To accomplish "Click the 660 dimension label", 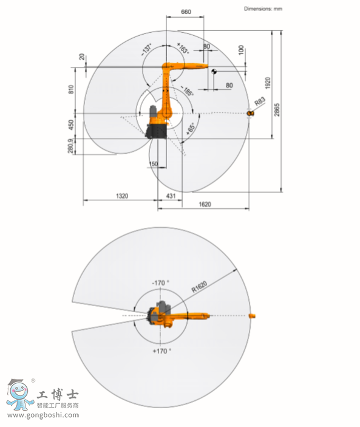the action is [x=186, y=12].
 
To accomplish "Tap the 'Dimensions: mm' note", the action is [x=263, y=9].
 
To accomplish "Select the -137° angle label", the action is [x=146, y=49].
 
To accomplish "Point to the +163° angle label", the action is [x=183, y=48].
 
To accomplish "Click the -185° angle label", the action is [x=187, y=91].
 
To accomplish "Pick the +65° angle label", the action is [x=191, y=128].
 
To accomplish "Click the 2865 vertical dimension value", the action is [x=277, y=110].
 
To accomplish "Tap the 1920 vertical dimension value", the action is [x=268, y=83].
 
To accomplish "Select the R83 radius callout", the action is [x=260, y=101].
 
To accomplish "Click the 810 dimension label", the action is [x=71, y=89].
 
